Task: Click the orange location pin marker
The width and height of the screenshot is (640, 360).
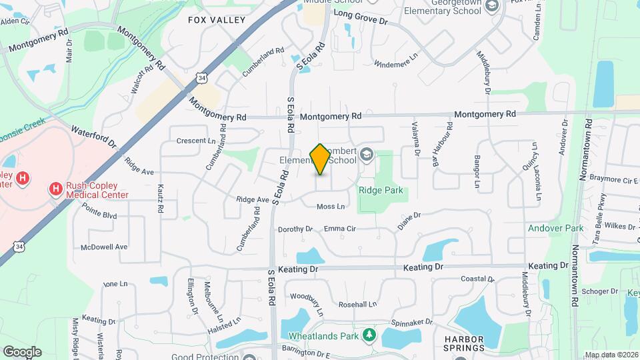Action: click(321, 159)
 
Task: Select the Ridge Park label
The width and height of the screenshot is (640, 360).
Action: click(381, 190)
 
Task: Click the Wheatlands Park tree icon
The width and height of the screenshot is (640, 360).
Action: click(369, 335)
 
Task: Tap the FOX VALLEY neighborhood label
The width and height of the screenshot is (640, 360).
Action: click(217, 20)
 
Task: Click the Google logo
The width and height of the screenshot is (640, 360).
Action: click(22, 351)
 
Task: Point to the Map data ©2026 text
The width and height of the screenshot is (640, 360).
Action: click(611, 355)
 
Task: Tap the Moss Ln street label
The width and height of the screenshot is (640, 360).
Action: click(331, 207)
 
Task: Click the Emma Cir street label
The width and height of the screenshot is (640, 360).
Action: click(340, 229)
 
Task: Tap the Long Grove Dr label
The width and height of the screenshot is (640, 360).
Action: click(360, 17)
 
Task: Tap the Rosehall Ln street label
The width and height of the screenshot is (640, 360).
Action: click(357, 304)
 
